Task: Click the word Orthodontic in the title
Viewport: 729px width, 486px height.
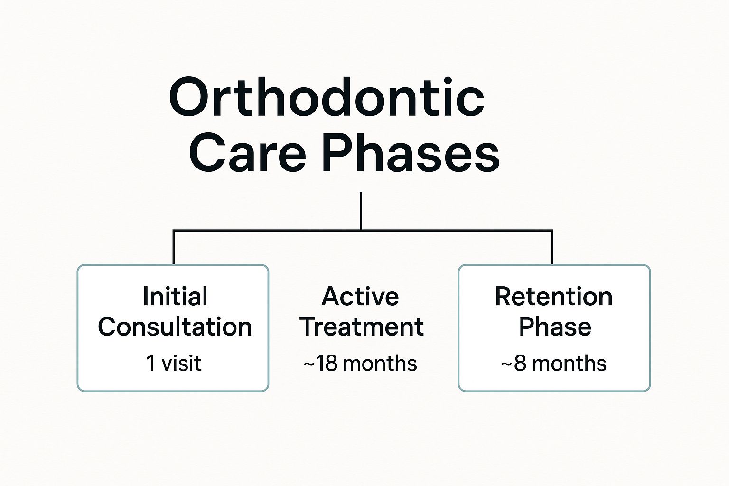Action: coord(327,98)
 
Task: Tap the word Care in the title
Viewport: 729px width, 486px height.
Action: coord(247,154)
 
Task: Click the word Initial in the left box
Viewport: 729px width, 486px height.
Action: coord(175,297)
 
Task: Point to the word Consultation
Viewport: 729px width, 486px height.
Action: coord(175,327)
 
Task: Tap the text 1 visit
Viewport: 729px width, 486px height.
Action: coord(174,364)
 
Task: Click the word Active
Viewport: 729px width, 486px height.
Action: coord(360,297)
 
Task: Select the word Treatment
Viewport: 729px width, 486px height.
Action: coord(362,327)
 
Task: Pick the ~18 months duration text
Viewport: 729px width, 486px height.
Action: coord(360,364)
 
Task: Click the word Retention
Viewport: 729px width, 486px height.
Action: coord(554,297)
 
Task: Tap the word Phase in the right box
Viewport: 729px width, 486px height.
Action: coord(555,327)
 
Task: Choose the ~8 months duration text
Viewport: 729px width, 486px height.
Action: coord(554,364)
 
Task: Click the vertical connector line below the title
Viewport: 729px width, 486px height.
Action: coord(361,211)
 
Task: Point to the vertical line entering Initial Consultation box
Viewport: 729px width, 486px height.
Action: coord(174,247)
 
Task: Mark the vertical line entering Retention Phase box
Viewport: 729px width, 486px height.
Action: coord(552,247)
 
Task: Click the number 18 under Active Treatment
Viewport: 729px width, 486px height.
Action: coord(327,364)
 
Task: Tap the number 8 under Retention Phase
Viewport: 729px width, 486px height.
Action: coord(520,364)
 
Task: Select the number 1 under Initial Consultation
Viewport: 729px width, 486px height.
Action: coord(151,364)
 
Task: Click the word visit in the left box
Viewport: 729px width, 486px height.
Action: coord(182,364)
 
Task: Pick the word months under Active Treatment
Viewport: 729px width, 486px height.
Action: coord(380,364)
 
